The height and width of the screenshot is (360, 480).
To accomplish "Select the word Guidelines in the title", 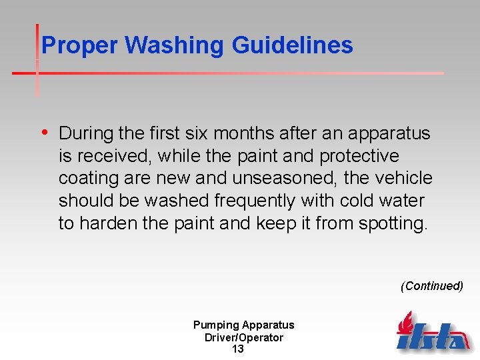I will (x=293, y=45).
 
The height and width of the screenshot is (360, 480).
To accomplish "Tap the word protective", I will (x=359, y=156).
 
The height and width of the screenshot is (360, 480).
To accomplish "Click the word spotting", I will (x=393, y=223).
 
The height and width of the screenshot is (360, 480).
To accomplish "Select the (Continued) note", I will (x=431, y=286).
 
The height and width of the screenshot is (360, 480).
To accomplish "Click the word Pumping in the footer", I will (x=217, y=325).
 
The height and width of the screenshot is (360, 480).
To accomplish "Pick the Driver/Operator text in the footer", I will (x=243, y=337).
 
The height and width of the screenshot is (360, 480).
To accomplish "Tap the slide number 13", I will (x=237, y=349).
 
